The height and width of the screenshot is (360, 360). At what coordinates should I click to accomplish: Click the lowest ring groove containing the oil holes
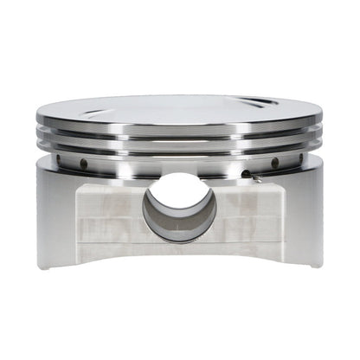(x=180, y=161)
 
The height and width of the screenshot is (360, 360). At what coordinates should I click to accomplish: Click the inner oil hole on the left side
(x=84, y=164)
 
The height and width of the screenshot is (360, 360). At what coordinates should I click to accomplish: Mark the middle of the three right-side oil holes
(x=274, y=163)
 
